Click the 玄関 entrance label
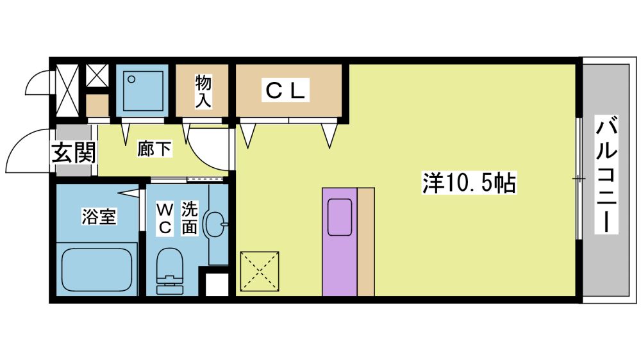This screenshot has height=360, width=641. [x=74, y=152]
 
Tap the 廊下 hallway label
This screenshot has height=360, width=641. [x=154, y=149]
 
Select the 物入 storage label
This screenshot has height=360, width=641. [x=203, y=91]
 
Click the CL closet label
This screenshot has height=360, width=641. [x=285, y=90]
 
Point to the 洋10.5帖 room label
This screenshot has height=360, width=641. [x=469, y=183]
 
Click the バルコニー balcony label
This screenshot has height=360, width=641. [x=606, y=174]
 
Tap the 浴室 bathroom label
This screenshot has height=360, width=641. [x=99, y=216]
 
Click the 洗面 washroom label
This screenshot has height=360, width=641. [x=189, y=218]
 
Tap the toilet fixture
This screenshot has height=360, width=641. [x=170, y=271]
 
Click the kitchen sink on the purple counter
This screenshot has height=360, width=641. [x=339, y=217]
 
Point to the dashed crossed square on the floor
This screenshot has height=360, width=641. [x=260, y=271]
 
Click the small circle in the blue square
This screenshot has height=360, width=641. [x=131, y=79]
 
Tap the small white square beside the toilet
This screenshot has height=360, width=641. [x=216, y=284]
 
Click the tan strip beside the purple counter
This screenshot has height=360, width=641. [x=366, y=242]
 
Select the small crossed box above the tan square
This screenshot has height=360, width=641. [x=97, y=76]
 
